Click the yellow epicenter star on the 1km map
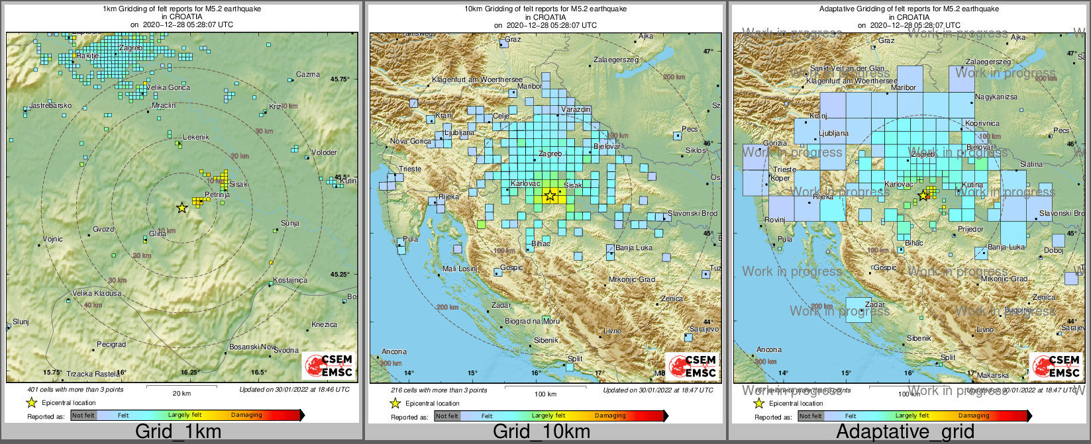click(182, 208)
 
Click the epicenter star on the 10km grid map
click(549, 195)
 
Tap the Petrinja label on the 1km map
click(217, 195)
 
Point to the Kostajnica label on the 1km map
click(290, 280)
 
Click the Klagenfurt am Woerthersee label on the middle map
click(477, 80)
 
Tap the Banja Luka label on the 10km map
click(634, 248)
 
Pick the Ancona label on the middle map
click(394, 351)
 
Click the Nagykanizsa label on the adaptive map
click(996, 97)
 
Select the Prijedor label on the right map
click(970, 229)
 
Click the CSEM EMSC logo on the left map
click(329, 366)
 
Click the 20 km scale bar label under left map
click(182, 393)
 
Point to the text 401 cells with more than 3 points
click(76, 390)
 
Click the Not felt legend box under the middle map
click(447, 416)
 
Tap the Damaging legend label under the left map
click(246, 416)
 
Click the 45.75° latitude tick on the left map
click(340, 79)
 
